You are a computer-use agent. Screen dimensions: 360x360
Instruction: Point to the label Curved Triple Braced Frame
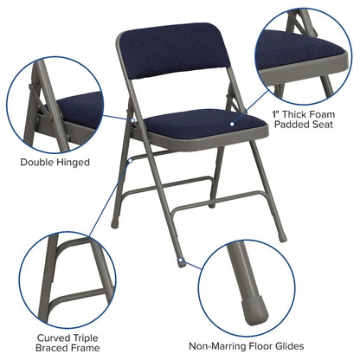(61, 343)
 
